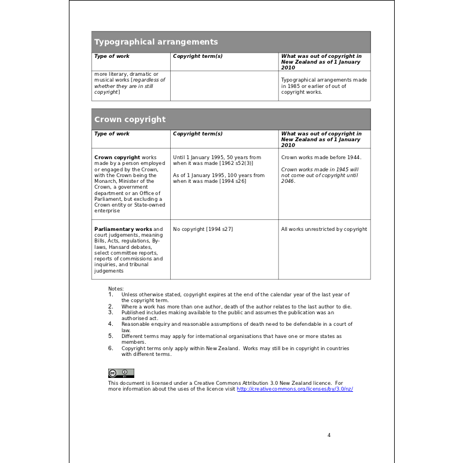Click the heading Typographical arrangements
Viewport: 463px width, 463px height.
tap(156, 42)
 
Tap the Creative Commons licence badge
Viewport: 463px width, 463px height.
tap(121, 373)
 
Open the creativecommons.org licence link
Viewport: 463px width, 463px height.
tap(295, 389)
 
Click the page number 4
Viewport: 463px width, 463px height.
tap(329, 435)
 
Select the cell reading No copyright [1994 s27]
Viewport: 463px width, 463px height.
tap(203, 229)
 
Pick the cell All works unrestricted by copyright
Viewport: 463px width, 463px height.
tap(324, 229)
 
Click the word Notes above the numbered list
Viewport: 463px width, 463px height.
tap(116, 289)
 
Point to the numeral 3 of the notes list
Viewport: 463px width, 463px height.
tap(110, 312)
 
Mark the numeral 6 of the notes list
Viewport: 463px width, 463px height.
tap(110, 348)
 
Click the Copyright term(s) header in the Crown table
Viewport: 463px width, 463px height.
tap(197, 134)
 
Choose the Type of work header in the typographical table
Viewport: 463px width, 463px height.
tap(112, 56)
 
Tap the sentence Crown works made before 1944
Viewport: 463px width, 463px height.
tap(321, 157)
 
